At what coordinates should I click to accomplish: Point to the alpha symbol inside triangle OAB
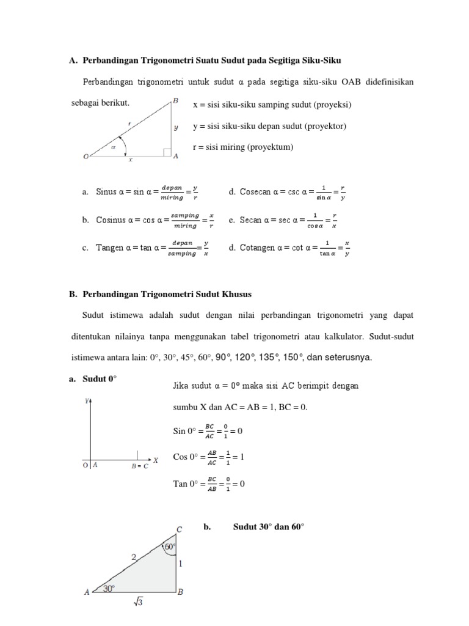click(113, 147)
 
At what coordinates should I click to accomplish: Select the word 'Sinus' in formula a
click(107, 192)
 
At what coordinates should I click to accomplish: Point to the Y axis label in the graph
click(87, 401)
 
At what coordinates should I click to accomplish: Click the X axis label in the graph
click(156, 460)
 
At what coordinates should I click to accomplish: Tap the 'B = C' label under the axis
click(140, 466)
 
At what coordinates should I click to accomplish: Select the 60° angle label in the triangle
click(169, 547)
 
